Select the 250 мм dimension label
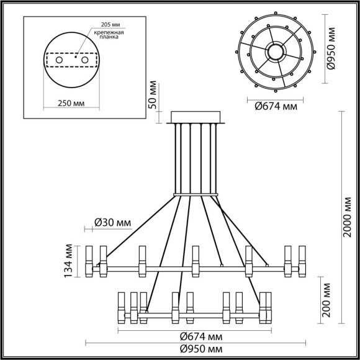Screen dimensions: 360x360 pos(70,102)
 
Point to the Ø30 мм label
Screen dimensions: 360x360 pos(112,222)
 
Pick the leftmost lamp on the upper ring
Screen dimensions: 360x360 pos(89,261)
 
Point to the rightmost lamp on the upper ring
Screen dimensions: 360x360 pos(303,261)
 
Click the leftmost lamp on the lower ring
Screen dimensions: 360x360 pos(119,306)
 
